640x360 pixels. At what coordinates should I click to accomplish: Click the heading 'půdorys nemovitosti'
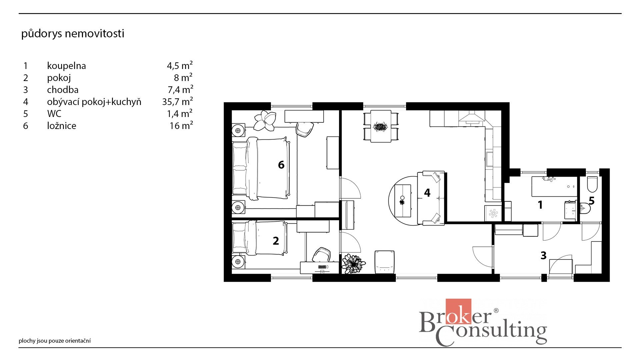click(x=73, y=34)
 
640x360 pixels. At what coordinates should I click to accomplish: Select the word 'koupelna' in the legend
click(x=66, y=66)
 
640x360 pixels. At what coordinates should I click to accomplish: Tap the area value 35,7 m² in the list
click(x=177, y=101)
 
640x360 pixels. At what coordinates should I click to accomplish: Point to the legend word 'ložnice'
click(x=62, y=126)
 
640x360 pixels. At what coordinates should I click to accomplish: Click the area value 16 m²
click(x=181, y=125)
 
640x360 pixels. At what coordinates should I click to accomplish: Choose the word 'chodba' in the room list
click(x=63, y=90)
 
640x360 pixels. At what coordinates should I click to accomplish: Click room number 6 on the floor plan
click(x=281, y=165)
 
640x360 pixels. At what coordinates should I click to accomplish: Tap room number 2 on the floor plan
click(x=276, y=241)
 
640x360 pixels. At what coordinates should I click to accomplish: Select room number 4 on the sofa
click(x=427, y=193)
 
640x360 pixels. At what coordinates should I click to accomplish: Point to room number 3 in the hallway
click(x=543, y=255)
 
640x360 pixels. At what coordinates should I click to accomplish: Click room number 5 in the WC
click(x=592, y=201)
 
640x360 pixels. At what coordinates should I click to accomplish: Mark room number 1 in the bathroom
click(x=540, y=205)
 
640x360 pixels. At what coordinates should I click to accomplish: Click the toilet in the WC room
click(x=592, y=184)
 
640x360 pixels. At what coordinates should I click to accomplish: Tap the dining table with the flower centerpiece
click(x=381, y=126)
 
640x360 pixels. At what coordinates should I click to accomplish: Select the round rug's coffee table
click(x=403, y=201)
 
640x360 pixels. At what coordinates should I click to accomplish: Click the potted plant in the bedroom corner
click(x=265, y=120)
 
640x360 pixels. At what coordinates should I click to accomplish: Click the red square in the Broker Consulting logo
click(x=458, y=311)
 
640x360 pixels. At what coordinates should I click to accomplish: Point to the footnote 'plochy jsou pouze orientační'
click(x=55, y=341)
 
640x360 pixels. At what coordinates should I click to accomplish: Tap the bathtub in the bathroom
click(x=554, y=187)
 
